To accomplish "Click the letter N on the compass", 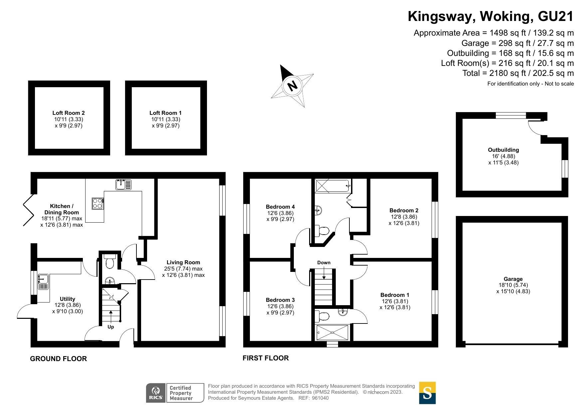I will click(x=292, y=86).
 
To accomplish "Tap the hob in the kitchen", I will click(x=97, y=203).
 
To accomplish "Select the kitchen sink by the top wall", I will click(x=123, y=184).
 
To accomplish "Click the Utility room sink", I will click(x=43, y=282).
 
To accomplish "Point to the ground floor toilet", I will click(x=109, y=262).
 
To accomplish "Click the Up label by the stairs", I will click(x=110, y=327).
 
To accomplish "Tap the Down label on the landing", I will click(x=323, y=263).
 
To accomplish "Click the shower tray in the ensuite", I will click(x=332, y=332).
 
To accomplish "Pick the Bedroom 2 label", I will click(x=404, y=210).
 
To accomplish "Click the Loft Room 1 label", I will click(x=165, y=113).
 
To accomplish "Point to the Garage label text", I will click(x=513, y=279).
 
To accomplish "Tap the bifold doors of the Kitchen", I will click(x=28, y=210).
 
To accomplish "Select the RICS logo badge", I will click(x=156, y=393).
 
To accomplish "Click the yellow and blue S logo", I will click(x=427, y=393).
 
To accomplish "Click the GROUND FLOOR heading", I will click(x=58, y=359).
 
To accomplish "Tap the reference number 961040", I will click(x=320, y=398).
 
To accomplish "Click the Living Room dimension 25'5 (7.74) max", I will click(x=183, y=269).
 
